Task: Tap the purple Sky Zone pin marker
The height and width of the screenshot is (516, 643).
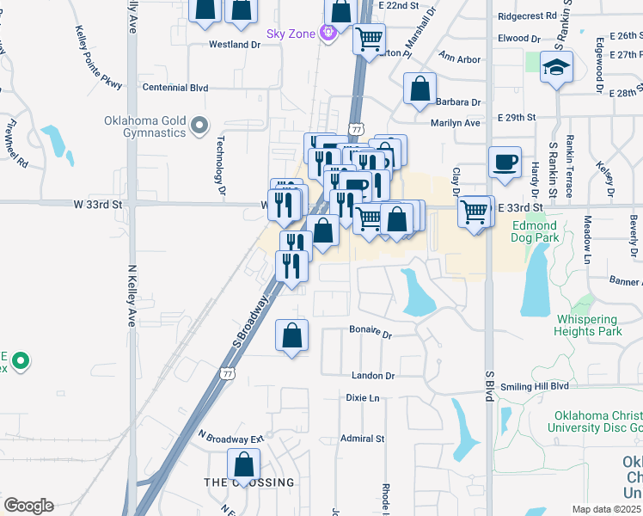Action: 327,34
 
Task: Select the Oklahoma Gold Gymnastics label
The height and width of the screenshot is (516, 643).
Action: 144,126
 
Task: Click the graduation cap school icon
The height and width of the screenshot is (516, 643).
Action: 556,68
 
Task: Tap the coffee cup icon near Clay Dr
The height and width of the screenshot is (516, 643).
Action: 505,162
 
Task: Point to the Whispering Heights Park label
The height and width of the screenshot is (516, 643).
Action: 589,325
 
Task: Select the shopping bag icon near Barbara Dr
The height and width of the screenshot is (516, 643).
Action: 419,89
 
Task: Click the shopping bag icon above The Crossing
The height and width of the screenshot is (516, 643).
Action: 244,465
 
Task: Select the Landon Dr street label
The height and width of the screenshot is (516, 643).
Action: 372,376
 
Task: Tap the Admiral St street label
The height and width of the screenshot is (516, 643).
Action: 362,439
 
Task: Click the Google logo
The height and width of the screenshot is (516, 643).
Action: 28,505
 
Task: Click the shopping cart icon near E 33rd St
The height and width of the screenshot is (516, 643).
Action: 475,211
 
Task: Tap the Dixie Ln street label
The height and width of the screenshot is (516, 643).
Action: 362,398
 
